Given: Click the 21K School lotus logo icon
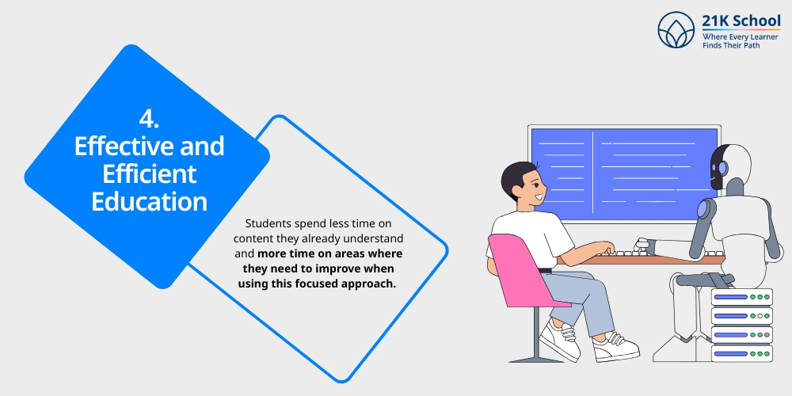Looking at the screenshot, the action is [676, 30].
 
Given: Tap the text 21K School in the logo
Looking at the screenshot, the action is [741, 21].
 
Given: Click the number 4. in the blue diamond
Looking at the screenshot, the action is [149, 120].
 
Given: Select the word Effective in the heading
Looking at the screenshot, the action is [120, 147].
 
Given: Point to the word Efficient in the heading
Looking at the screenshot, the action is [149, 173].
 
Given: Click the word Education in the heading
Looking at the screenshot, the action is [149, 201].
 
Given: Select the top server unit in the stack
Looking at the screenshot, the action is [741, 297].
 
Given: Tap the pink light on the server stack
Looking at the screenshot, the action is [767, 335].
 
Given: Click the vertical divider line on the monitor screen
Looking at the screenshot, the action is [593, 173].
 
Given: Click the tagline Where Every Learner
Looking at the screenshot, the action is [740, 37].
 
